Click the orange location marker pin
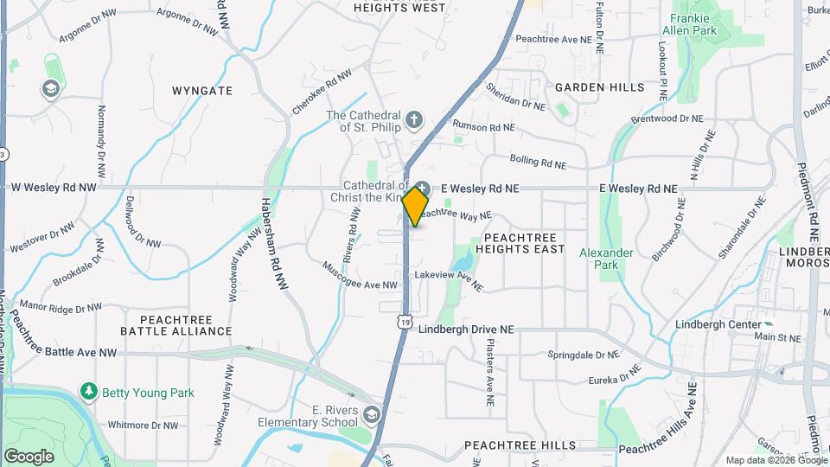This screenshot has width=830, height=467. tap(415, 207)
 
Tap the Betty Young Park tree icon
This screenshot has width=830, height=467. tap(88, 393)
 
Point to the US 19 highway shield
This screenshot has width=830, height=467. tap(405, 321)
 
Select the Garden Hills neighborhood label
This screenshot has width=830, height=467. tap(599, 87)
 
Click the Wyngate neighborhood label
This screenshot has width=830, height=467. tap(202, 90)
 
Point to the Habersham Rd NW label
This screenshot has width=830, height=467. tap(270, 243)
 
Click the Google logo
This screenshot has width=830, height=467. tap(29, 456)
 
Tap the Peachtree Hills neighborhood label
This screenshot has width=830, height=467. tap(520, 445)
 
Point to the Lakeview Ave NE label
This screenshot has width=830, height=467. tap(448, 278)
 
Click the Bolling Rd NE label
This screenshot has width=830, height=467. tap(538, 161)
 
